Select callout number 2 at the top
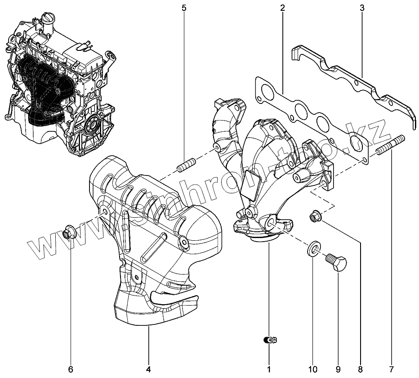[x=282, y=8]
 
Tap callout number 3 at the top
[x=362, y=8]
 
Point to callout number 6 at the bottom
[x=71, y=369]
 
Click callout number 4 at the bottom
[x=148, y=369]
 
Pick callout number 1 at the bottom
[x=269, y=369]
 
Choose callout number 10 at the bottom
[x=312, y=369]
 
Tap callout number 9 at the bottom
[x=338, y=369]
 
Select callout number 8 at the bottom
[x=360, y=369]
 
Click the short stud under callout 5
[x=186, y=164]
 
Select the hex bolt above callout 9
[x=337, y=261]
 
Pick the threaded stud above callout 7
[x=391, y=145]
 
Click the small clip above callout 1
[x=269, y=341]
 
